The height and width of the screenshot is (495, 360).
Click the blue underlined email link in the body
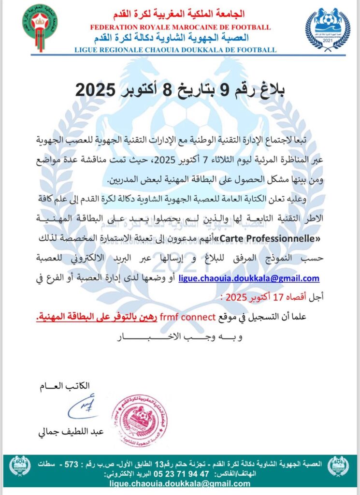point(249,278)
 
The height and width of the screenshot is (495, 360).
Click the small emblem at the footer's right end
point(338,466)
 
